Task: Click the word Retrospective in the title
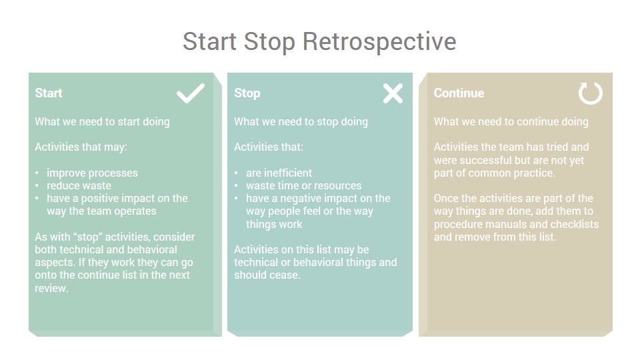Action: [379, 41]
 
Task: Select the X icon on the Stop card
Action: [393, 93]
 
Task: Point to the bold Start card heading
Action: [49, 93]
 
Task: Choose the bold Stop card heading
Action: [247, 93]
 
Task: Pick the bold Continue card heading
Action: [459, 93]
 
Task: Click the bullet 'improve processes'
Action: [92, 173]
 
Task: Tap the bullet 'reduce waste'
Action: [79, 186]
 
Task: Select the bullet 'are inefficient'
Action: [279, 173]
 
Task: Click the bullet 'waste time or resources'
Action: [304, 186]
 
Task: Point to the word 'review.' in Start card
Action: [51, 288]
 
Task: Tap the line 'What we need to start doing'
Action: [102, 121]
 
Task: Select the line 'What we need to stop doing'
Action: [301, 121]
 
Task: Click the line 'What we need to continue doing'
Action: [511, 121]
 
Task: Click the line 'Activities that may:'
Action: [81, 147]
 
